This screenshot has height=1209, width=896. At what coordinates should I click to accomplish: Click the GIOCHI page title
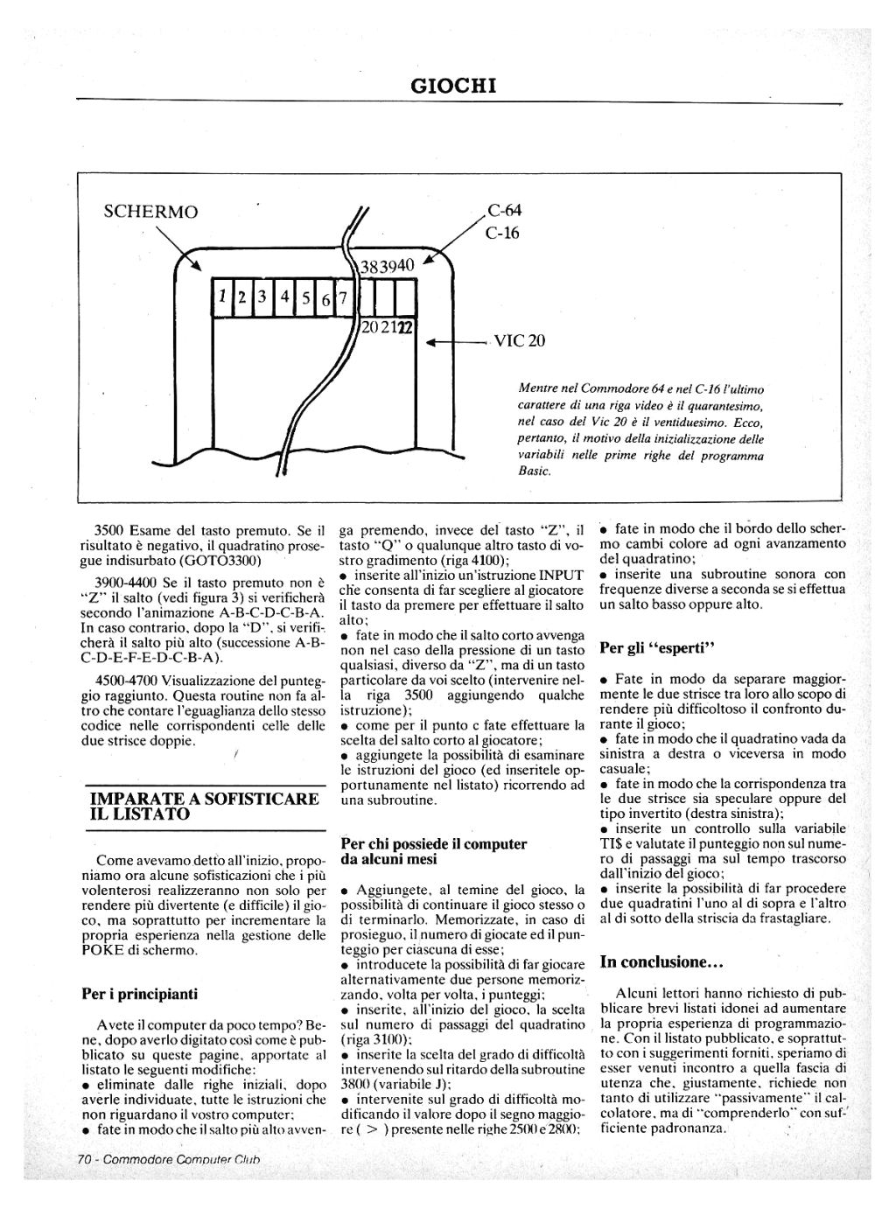(452, 86)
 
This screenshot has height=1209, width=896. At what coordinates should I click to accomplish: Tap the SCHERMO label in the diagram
(150, 212)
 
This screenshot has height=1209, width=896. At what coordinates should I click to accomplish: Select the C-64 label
(505, 211)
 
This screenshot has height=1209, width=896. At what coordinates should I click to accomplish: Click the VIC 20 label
(519, 341)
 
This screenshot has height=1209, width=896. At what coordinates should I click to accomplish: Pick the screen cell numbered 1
(223, 297)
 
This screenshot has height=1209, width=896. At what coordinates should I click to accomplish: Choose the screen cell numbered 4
(284, 297)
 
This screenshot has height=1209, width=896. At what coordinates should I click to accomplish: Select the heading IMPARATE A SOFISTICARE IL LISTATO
(205, 806)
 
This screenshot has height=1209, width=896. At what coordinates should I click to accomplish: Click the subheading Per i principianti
(140, 994)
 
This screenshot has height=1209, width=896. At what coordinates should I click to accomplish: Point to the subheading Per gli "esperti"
(658, 648)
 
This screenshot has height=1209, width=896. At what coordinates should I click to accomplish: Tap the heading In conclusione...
(661, 962)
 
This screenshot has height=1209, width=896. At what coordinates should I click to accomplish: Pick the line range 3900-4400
(126, 582)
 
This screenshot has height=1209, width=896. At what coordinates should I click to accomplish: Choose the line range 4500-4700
(126, 680)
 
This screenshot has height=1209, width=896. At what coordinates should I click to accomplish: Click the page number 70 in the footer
(85, 1160)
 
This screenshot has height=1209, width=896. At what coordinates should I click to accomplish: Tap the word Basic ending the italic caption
(534, 472)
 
